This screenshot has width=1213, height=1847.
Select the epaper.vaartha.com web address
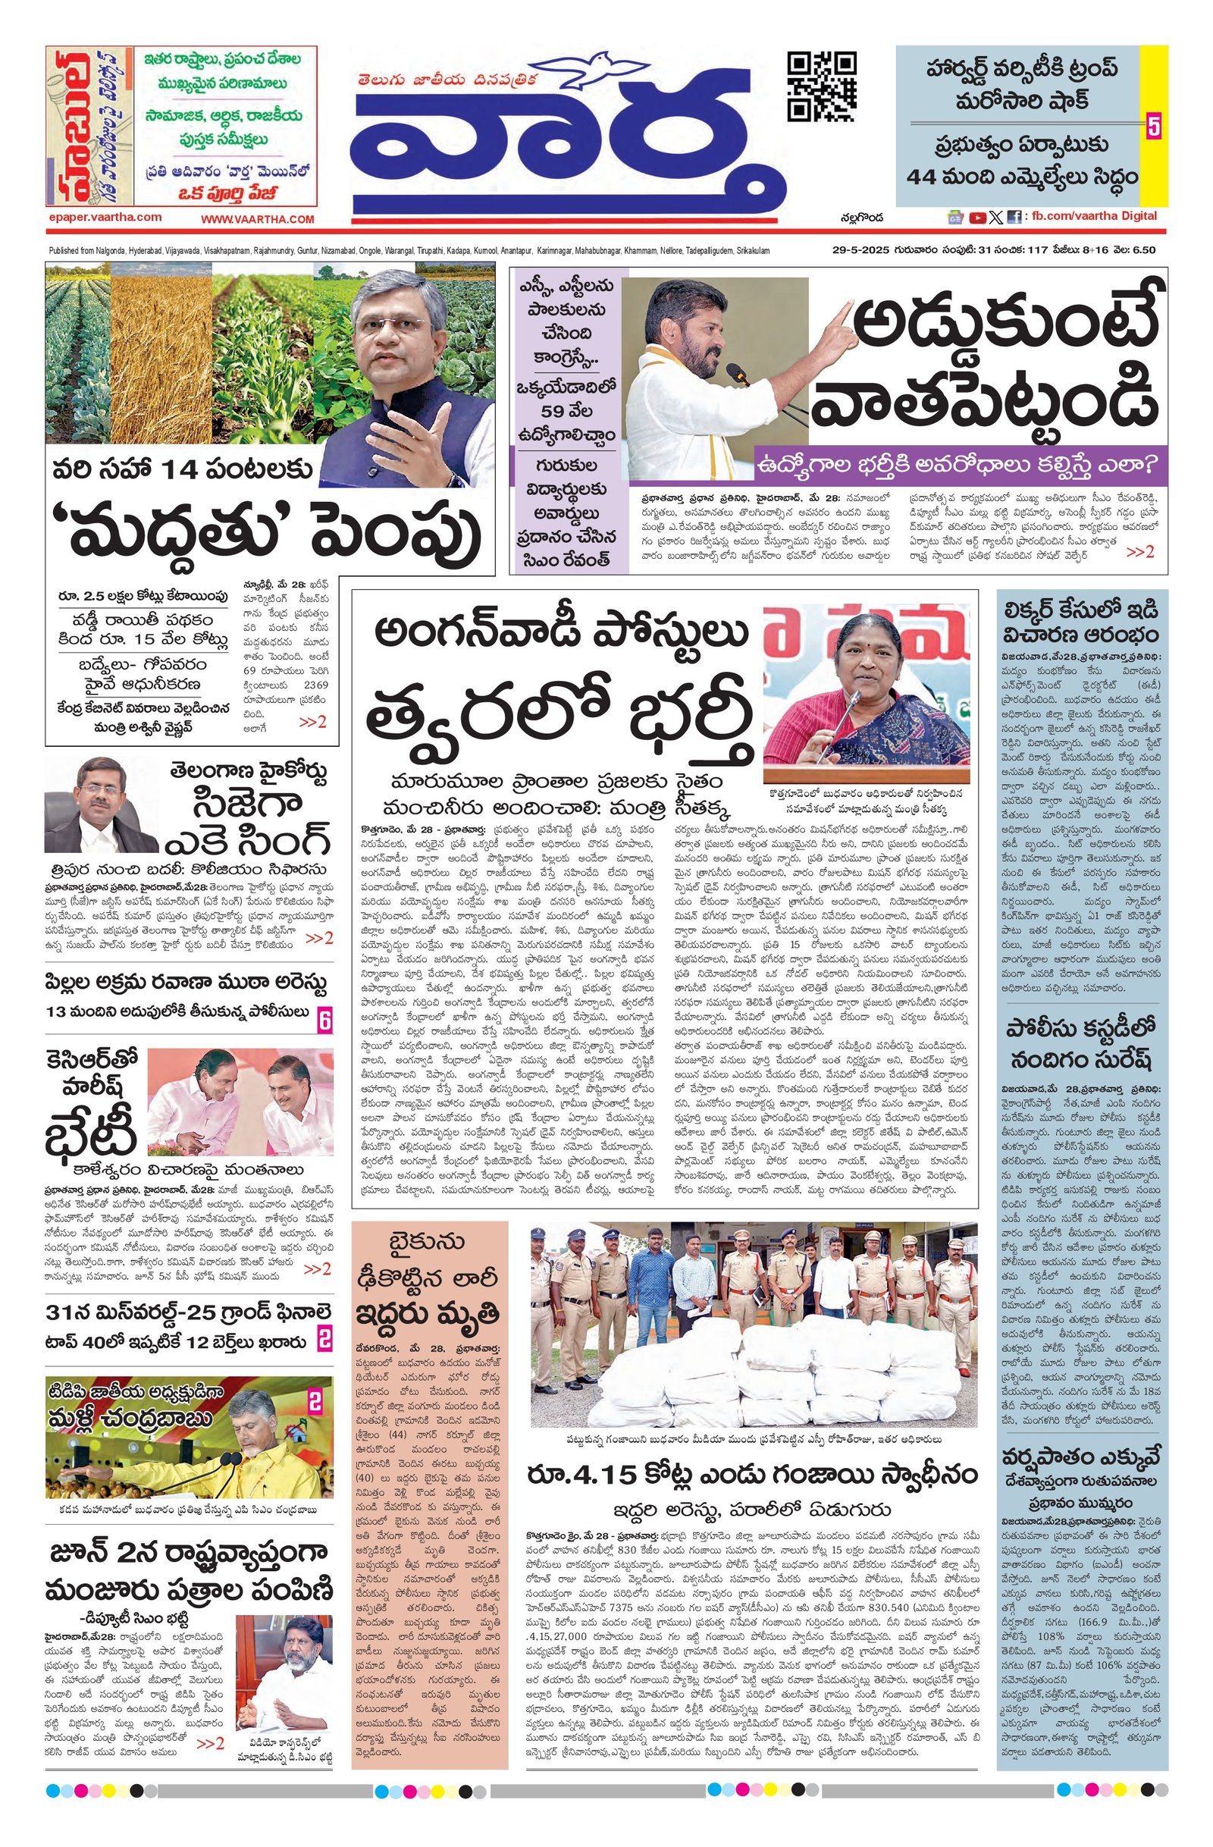(x=104, y=218)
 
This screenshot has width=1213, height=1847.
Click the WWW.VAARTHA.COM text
(x=258, y=220)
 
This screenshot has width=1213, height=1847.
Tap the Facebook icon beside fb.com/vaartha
(x=1014, y=218)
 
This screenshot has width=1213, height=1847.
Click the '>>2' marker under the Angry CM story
(x=1140, y=552)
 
